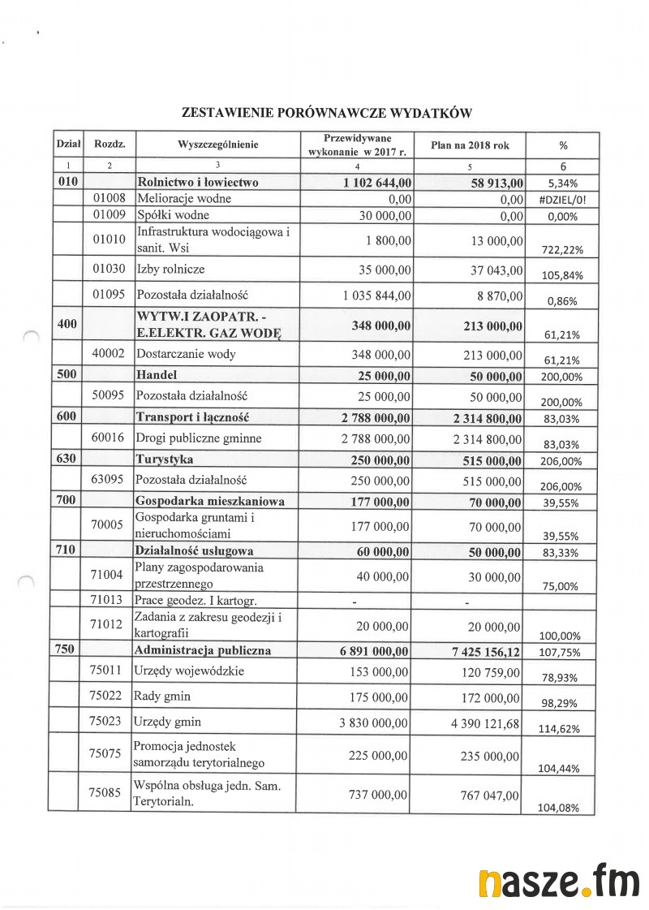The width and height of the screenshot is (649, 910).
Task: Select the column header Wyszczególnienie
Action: (217, 145)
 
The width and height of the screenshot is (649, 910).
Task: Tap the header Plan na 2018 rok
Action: (470, 145)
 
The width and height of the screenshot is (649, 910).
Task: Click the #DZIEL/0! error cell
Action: (562, 198)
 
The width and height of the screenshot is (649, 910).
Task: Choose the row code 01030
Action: (109, 269)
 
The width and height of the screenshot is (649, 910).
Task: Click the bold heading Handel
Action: (157, 375)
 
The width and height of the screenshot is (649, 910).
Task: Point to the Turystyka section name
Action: (165, 459)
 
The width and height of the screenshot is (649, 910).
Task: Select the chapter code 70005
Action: (109, 525)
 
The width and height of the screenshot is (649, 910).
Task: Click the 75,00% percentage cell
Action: (562, 586)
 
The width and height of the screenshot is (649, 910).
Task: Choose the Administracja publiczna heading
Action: (203, 650)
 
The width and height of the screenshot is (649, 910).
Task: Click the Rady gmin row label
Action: (167, 697)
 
